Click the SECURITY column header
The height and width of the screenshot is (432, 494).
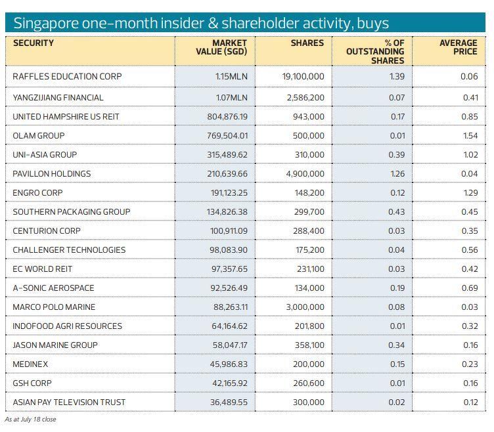pyautogui.click(x=34, y=43)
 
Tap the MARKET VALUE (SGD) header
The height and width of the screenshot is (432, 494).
pyautogui.click(x=221, y=47)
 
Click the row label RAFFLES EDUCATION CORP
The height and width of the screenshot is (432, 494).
pyautogui.click(x=67, y=76)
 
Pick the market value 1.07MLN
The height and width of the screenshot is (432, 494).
pyautogui.click(x=231, y=98)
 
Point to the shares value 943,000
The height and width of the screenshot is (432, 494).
pyautogui.click(x=308, y=117)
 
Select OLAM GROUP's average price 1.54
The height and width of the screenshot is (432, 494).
pyautogui.click(x=469, y=136)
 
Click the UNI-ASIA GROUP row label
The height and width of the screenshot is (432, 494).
pyautogui.click(x=45, y=155)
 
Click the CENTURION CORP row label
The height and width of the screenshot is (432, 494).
pyautogui.click(x=47, y=231)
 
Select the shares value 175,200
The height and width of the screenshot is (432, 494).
pyautogui.click(x=308, y=250)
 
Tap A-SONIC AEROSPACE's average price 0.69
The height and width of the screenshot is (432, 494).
pyautogui.click(x=469, y=288)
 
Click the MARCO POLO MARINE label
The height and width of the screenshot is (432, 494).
pyautogui.click(x=54, y=307)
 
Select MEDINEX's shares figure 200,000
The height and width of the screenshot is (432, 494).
pyautogui.click(x=308, y=364)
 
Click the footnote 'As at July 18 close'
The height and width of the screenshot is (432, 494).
pyautogui.click(x=30, y=420)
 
